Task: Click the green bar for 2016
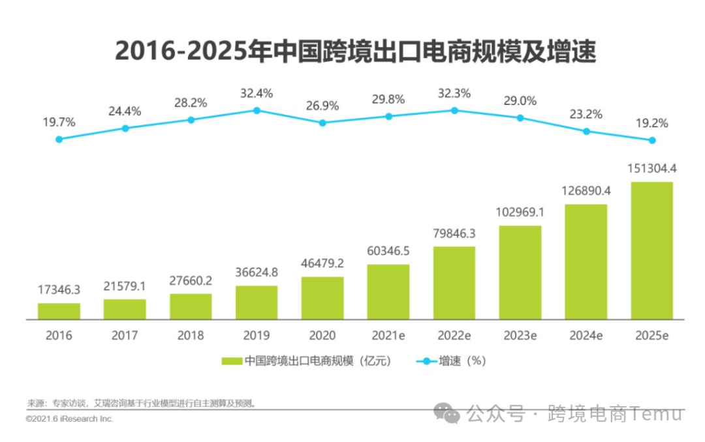59,312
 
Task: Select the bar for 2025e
651,251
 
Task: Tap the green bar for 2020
322,299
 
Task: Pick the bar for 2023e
520,273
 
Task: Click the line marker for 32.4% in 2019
257,110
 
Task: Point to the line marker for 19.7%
59,139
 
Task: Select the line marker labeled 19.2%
651,140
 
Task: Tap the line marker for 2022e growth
454,110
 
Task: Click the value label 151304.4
651,169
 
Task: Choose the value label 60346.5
388,252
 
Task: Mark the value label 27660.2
191,281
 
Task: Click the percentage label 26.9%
322,105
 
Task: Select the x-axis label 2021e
388,336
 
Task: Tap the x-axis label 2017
125,336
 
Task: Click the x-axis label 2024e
586,336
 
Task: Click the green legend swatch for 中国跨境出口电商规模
232,361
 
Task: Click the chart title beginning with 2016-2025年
356,51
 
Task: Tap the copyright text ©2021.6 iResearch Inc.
70,419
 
